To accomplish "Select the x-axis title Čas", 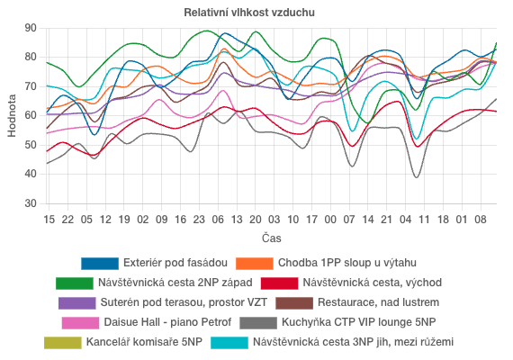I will [x=271, y=238].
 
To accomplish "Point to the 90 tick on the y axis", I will [x=30, y=28].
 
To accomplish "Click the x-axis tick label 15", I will [x=49, y=219].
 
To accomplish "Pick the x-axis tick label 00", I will [x=330, y=219].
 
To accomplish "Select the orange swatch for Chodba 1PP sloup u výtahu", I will [x=254, y=263].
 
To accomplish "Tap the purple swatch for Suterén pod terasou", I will [x=77, y=302].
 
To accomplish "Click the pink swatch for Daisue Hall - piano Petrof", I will [x=80, y=322].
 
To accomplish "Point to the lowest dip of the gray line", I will [x=416, y=177].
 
